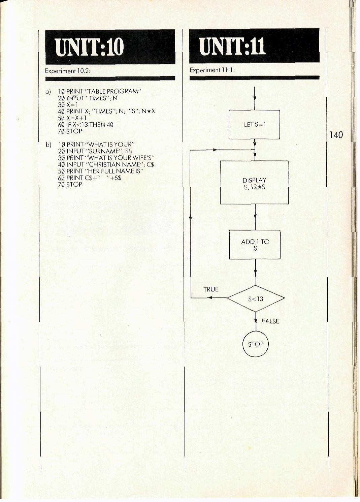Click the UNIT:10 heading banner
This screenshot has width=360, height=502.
click(110, 46)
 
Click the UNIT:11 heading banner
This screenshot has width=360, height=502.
click(254, 46)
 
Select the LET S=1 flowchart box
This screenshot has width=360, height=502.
click(254, 125)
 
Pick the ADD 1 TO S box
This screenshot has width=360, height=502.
click(255, 245)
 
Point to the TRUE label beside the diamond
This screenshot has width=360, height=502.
click(211, 289)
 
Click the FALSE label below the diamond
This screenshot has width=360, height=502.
click(270, 321)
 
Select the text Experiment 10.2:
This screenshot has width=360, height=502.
click(68, 71)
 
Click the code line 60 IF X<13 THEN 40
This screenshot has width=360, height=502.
click(86, 125)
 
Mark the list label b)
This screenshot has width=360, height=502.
click(48, 145)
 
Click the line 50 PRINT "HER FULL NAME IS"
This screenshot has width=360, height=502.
click(101, 171)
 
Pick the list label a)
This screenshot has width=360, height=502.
click(48, 92)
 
